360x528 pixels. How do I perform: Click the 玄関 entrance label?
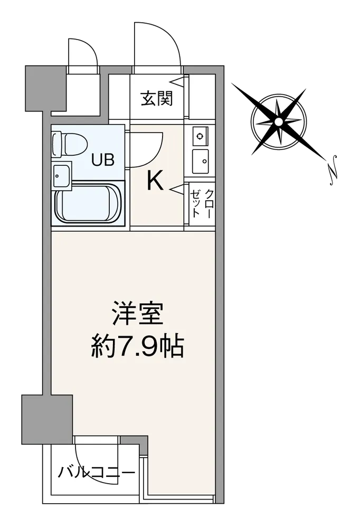point(157,98)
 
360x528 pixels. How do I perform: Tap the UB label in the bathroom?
point(103,159)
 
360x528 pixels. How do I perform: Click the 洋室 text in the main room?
point(138,314)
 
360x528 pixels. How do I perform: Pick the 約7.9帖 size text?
point(137,346)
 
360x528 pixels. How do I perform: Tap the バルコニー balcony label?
point(96,473)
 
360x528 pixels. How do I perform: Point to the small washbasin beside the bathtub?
point(61,174)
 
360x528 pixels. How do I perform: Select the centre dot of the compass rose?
point(279,122)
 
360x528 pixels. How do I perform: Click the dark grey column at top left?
point(46,88)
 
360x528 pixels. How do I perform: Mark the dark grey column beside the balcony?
point(47,419)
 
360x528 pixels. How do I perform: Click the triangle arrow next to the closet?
point(177,189)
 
